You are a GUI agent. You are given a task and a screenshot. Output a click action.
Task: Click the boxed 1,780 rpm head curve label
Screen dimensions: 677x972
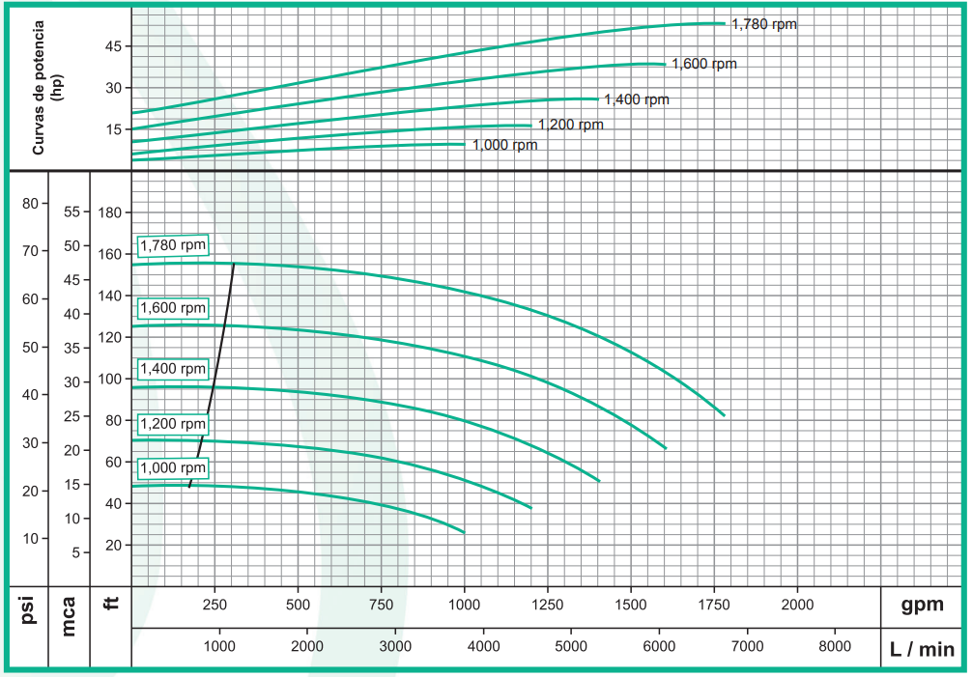174,245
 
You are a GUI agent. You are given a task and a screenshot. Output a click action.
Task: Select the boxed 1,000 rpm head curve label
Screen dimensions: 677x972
174,467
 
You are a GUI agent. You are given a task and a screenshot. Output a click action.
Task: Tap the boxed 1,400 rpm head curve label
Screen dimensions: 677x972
174,368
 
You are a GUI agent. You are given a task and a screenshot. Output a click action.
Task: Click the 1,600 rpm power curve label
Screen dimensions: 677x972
704,64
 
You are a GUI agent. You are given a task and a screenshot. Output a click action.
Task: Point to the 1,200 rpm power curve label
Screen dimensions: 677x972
570,125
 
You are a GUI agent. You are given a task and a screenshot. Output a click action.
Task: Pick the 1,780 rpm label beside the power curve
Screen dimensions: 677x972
764,24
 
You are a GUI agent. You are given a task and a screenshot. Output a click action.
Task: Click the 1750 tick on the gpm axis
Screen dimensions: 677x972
714,605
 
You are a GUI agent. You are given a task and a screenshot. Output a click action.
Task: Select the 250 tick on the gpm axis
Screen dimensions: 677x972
214,605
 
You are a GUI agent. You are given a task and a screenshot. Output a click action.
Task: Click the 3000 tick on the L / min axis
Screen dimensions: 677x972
395,646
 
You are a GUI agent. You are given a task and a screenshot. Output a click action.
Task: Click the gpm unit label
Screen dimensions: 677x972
922,605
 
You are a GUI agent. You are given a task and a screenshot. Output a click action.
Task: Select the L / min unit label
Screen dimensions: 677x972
922,649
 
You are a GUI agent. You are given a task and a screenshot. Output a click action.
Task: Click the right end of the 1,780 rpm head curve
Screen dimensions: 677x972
724,415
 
